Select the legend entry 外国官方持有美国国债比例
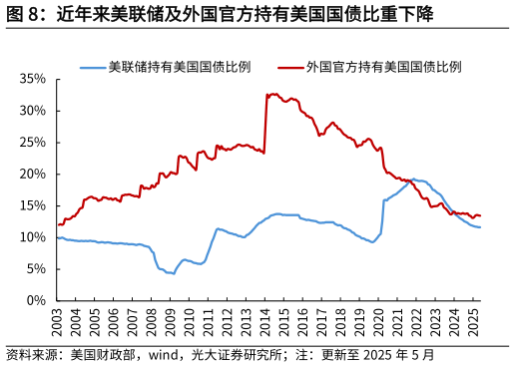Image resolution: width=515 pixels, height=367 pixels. (384, 68)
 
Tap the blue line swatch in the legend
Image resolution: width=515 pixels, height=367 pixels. (93, 68)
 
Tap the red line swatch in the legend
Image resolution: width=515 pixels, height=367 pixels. (290, 68)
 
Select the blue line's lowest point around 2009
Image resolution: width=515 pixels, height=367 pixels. (173, 273)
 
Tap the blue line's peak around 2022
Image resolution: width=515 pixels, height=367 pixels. (413, 180)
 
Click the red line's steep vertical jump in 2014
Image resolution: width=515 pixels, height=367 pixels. (265, 125)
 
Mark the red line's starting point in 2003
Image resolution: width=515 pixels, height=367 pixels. (58, 224)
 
